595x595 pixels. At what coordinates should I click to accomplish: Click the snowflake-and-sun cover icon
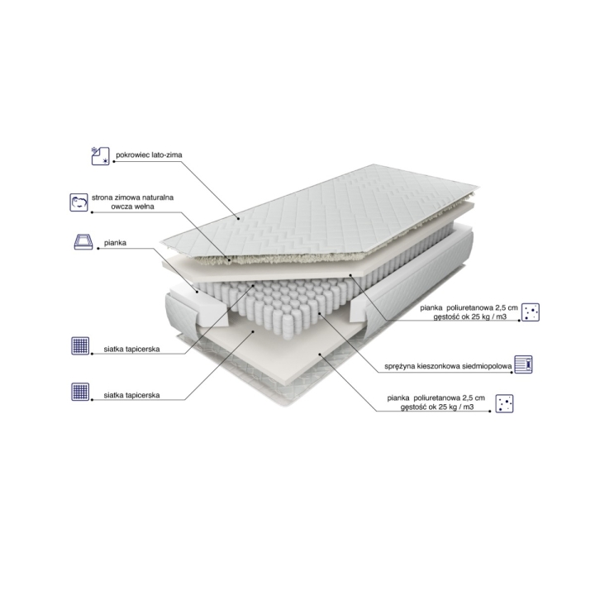[x=100, y=156]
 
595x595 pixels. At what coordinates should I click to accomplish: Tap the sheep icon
[x=79, y=202]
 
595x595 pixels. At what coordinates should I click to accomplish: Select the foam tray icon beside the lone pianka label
[x=83, y=241]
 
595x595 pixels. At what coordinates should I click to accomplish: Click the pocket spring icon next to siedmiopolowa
[x=523, y=364]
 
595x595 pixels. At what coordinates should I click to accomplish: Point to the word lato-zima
[x=167, y=155]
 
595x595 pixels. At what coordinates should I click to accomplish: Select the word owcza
[x=121, y=207]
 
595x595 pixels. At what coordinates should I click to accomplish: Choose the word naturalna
[x=157, y=198]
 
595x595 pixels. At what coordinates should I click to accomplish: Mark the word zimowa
[x=126, y=198]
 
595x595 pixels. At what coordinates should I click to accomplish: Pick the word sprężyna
[x=400, y=367]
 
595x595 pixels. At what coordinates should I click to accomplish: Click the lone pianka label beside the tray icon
[x=116, y=243]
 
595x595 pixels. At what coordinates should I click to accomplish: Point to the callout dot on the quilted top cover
[x=238, y=218]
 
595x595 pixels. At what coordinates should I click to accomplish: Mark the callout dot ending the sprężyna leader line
[x=320, y=313]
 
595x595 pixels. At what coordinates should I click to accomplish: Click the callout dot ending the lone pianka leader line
[x=197, y=292]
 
